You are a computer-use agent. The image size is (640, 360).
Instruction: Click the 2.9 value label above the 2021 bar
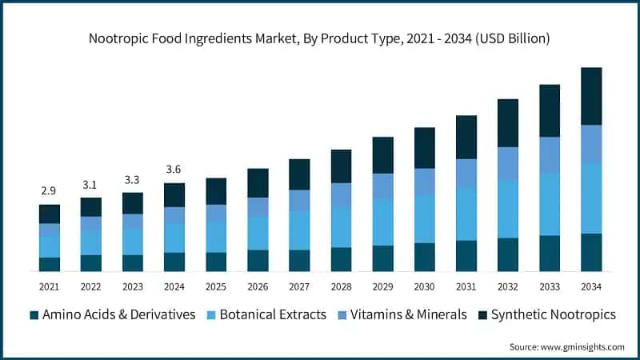50,191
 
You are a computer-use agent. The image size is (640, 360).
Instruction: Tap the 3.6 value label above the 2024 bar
174,170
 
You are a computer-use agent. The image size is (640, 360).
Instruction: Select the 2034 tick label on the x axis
591,286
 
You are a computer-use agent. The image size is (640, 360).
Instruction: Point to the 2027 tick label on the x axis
299,286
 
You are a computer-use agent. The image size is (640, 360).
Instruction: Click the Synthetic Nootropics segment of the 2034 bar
591,96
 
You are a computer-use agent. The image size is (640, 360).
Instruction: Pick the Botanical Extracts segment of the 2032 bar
508,209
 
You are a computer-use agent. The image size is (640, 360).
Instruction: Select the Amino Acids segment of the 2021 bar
50,264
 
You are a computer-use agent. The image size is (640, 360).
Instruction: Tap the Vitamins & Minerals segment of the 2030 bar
425,181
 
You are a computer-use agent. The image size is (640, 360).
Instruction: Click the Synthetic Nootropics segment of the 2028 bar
342,166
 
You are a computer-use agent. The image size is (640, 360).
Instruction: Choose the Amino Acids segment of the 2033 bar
550,253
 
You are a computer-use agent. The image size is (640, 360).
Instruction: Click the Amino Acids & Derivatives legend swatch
34,315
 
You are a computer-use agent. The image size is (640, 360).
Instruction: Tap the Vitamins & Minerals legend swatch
342,315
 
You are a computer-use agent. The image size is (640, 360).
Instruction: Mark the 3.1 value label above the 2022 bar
91,185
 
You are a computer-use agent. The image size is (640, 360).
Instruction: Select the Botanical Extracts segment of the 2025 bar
216,237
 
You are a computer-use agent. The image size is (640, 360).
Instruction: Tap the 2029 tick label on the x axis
383,286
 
